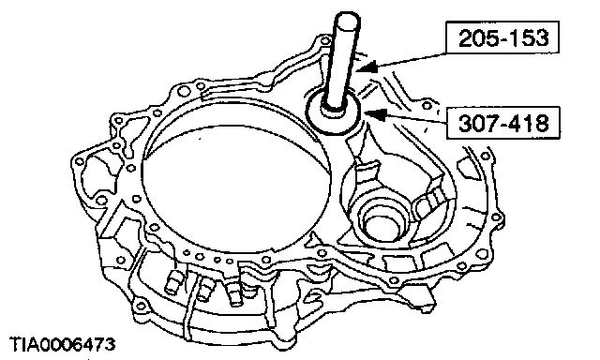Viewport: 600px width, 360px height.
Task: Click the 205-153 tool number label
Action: coord(502,37)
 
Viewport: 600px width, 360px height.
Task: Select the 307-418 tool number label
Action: coord(503,123)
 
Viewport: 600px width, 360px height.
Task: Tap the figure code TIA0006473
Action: coord(62,344)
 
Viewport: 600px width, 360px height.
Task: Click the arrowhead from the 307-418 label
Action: coord(375,114)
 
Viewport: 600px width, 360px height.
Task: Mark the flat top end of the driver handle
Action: coord(347,19)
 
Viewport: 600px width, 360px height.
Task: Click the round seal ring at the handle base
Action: coord(333,112)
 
